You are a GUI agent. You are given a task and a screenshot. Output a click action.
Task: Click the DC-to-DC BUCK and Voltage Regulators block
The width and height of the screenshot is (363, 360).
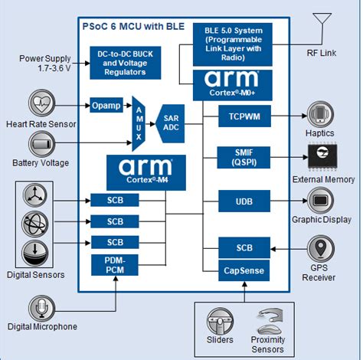(x=125, y=63)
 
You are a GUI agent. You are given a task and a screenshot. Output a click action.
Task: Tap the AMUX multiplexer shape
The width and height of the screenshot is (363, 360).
(x=139, y=121)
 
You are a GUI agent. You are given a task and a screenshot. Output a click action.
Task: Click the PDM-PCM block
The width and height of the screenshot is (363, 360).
(x=115, y=267)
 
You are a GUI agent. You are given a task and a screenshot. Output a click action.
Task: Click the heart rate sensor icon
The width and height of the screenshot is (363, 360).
(x=41, y=103)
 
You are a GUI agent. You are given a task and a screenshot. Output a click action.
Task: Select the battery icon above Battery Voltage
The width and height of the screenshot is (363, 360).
(x=41, y=143)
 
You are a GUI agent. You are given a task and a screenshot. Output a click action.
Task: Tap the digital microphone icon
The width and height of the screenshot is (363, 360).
(x=41, y=309)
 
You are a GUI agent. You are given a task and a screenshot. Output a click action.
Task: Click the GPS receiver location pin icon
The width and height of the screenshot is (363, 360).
(x=322, y=248)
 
